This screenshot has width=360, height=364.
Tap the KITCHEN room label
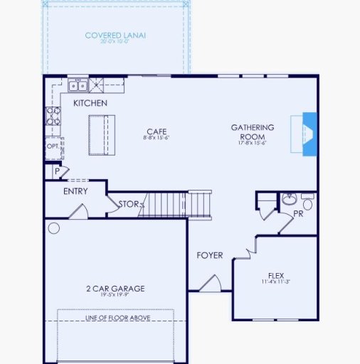point(90,103)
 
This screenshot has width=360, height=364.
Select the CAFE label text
point(156,131)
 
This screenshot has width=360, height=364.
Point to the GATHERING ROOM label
point(252,132)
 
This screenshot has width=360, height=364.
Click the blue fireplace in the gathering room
point(308,134)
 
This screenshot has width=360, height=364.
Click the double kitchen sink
point(78,86)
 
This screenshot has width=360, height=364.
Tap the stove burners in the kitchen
point(52,116)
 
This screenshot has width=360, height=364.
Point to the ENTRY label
point(75,191)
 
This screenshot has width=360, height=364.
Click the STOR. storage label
point(129,204)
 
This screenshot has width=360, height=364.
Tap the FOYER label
point(210,255)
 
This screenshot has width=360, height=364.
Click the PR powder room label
point(298,213)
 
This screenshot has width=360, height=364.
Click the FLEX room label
point(276,275)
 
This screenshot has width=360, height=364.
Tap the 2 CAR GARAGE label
point(115,288)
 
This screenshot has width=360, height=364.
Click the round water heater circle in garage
point(54,228)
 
